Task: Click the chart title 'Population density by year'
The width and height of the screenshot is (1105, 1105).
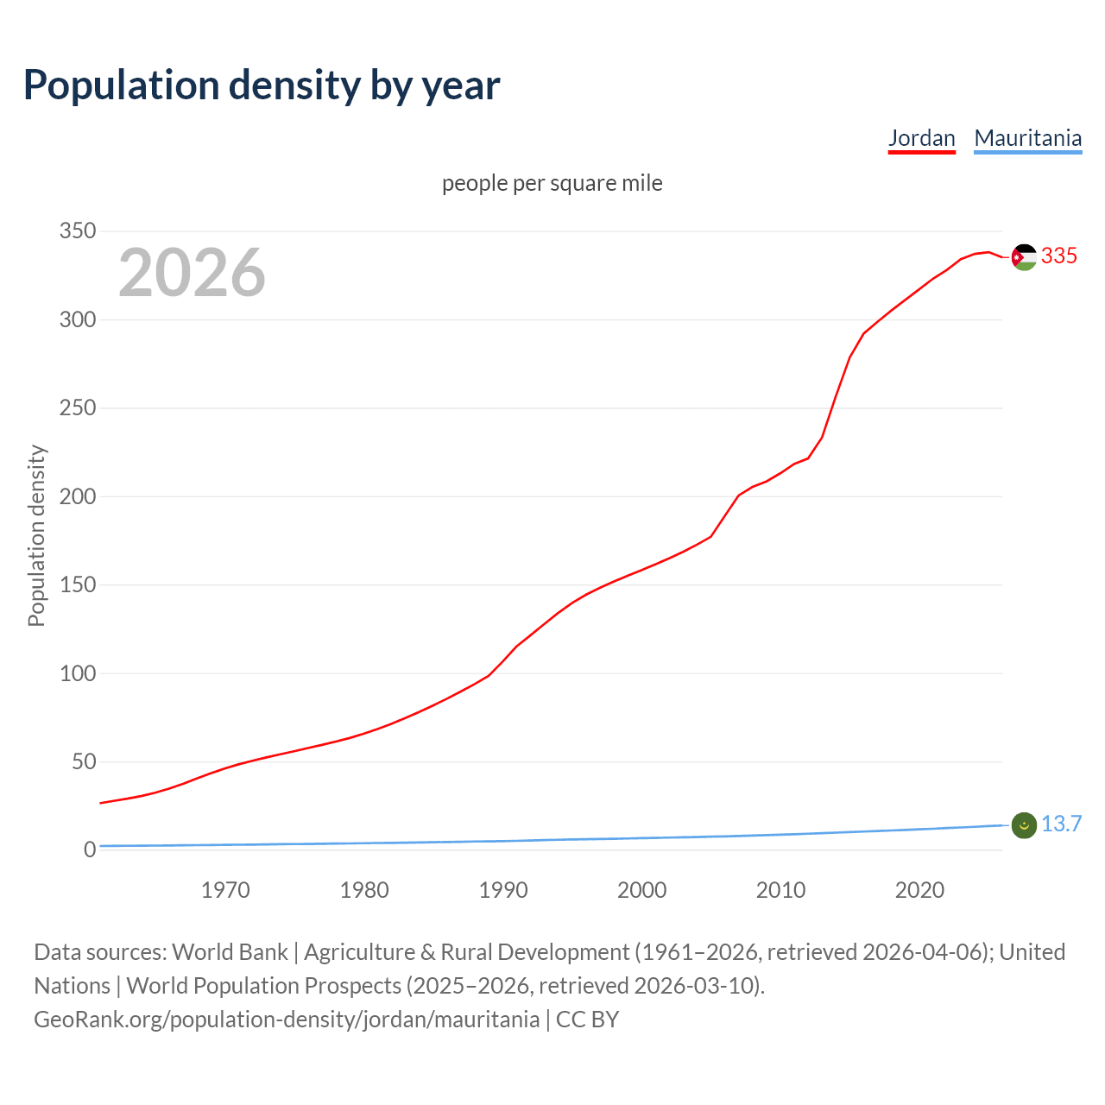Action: [x=262, y=85]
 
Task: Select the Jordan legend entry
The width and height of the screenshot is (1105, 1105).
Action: [x=921, y=138]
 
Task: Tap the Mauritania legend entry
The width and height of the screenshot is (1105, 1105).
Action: [x=1027, y=138]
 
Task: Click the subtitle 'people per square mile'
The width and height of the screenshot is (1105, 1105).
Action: [x=552, y=183]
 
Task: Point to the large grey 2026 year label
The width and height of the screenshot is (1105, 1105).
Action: [x=192, y=273]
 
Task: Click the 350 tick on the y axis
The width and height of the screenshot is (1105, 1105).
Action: [x=77, y=231]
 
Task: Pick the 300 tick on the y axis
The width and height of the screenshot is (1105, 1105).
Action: [x=77, y=319]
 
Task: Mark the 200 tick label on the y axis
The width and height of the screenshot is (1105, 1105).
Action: [x=77, y=496]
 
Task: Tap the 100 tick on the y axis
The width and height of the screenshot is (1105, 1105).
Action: [x=77, y=673]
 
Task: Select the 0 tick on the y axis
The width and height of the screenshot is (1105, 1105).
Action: [x=90, y=850]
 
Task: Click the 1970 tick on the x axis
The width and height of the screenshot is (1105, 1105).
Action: [x=225, y=890]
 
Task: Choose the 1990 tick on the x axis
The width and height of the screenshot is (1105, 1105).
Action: [x=503, y=890]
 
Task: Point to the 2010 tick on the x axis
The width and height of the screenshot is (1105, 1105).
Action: [x=780, y=890]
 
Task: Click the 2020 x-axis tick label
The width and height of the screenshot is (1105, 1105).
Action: [x=919, y=890]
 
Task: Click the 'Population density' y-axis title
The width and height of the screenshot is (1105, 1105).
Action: [x=36, y=535]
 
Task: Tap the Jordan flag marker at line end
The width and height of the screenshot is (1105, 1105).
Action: [x=1024, y=257]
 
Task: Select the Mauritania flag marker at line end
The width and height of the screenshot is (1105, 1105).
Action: [x=1024, y=825]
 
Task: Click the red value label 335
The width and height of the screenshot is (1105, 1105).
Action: [x=1059, y=256]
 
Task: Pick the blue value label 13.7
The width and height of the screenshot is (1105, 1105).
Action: [x=1061, y=824]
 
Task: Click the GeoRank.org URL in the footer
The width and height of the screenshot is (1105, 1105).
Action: [x=287, y=1020]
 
